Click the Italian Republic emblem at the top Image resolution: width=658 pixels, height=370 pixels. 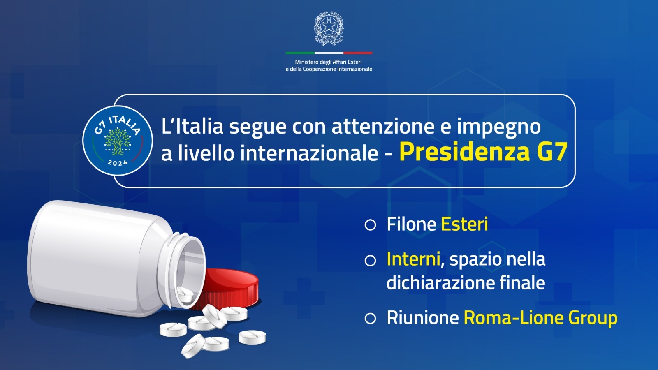(x=329, y=28)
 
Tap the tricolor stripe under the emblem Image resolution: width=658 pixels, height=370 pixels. (x=329, y=53)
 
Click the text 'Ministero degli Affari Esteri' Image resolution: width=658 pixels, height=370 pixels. (x=329, y=62)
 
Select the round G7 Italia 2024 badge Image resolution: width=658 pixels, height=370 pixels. (x=118, y=141)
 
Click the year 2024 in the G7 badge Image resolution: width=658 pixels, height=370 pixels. (x=118, y=162)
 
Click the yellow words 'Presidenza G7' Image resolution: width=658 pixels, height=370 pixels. (x=483, y=153)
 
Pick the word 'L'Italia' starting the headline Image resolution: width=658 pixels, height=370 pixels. (x=192, y=126)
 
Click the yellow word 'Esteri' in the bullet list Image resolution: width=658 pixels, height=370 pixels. (x=464, y=224)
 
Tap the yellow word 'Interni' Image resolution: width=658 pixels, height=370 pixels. (x=413, y=259)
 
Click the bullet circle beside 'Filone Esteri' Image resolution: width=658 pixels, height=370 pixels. (x=370, y=225)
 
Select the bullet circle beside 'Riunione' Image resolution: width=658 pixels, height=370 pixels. (x=370, y=318)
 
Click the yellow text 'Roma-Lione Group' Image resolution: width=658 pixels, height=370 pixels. (x=540, y=318)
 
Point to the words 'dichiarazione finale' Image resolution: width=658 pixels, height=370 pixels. (x=466, y=282)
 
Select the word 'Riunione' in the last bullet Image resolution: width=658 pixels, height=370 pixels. (x=423, y=318)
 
